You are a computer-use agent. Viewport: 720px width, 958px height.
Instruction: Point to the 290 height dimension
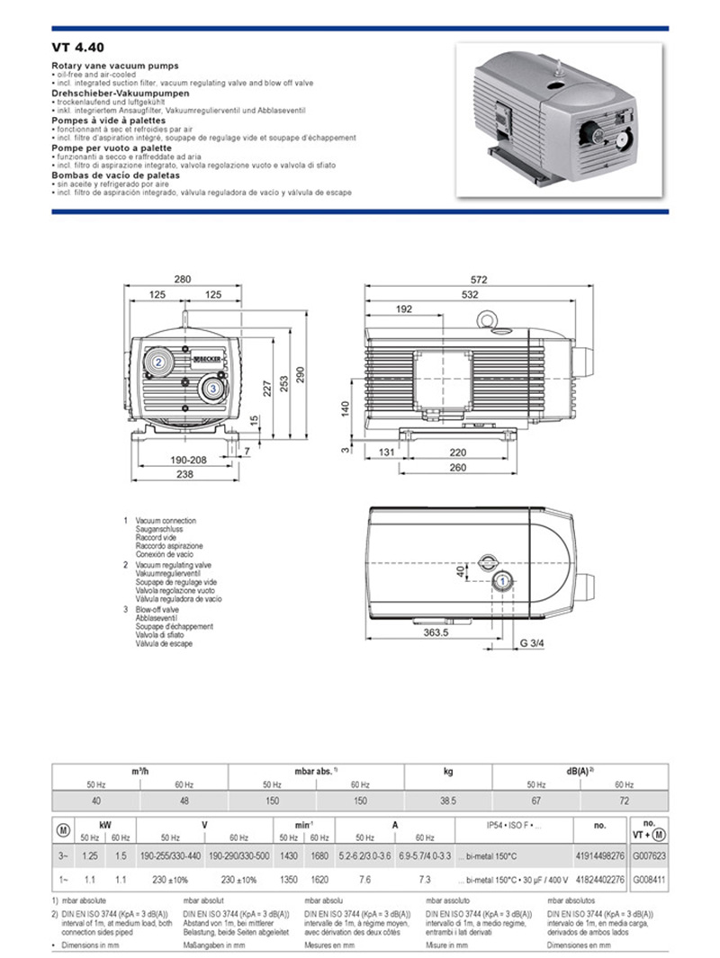(301, 373)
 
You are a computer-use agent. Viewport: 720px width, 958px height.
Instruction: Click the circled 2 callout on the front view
(157, 362)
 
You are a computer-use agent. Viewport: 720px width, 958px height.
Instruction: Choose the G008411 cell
(648, 881)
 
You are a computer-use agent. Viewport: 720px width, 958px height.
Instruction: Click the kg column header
(448, 772)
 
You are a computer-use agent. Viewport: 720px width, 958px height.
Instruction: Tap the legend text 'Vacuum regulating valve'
(174, 564)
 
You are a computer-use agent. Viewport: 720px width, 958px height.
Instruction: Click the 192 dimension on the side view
(403, 309)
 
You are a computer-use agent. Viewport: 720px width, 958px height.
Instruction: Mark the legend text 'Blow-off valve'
(157, 609)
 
